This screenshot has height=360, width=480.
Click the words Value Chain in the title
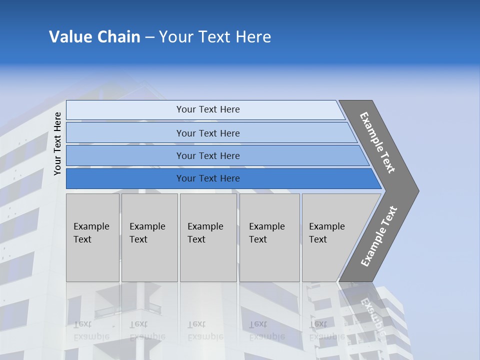[94, 37]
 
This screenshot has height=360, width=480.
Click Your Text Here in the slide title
[215, 37]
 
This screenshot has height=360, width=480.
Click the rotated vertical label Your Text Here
[57, 143]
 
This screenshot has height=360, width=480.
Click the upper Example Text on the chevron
[377, 142]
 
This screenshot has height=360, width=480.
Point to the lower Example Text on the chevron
[379, 236]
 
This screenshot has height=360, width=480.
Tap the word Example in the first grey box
[91, 226]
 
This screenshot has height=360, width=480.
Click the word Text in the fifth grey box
[318, 239]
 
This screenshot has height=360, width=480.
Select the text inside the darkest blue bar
[208, 178]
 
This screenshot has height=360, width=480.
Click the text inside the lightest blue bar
[208, 109]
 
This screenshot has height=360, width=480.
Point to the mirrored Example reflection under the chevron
[373, 317]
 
